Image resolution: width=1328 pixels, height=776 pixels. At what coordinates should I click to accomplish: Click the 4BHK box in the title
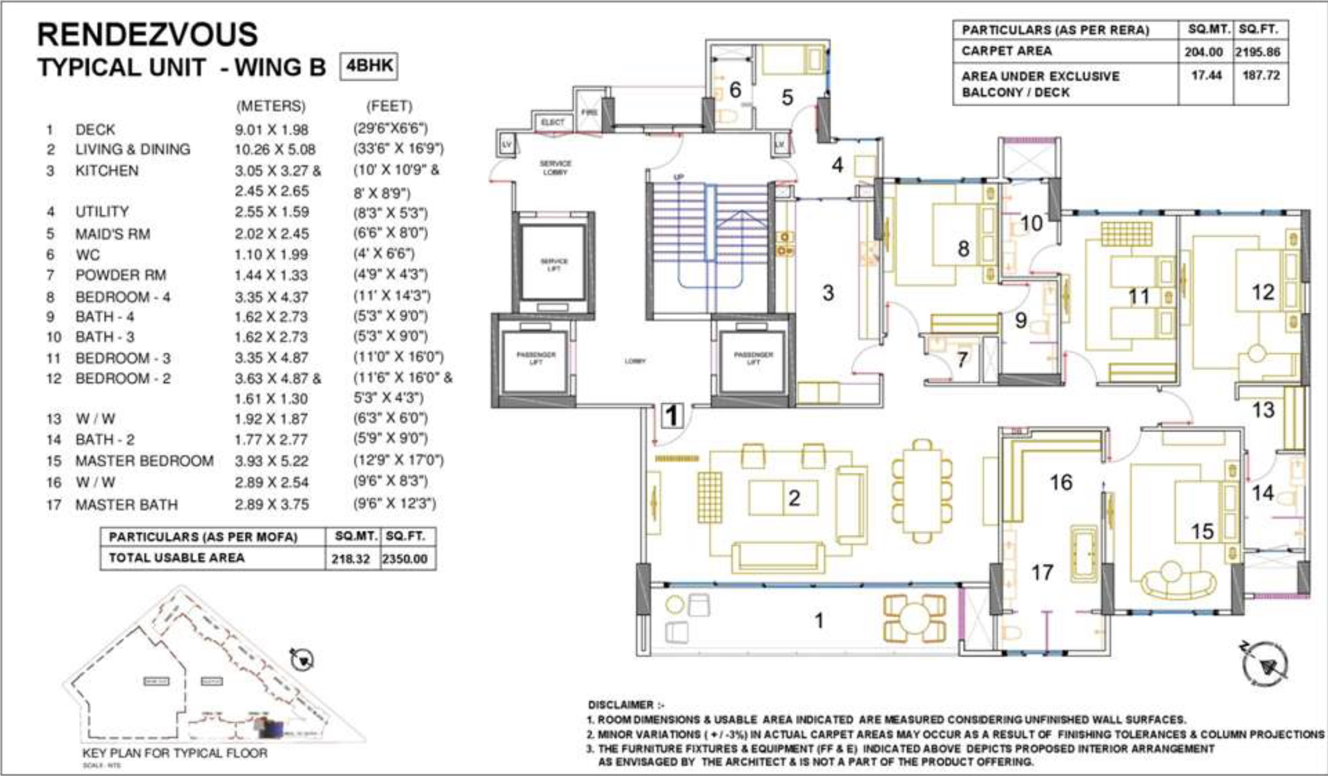pyautogui.click(x=369, y=67)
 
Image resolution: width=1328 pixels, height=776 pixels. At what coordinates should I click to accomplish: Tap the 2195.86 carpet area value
pyautogui.click(x=1261, y=51)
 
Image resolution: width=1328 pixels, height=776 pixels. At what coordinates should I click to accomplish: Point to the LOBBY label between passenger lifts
pyautogui.click(x=635, y=361)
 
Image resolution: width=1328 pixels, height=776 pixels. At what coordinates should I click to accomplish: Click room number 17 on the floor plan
pyautogui.click(x=1042, y=572)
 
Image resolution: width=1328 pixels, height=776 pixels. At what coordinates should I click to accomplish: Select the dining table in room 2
pyautogui.click(x=922, y=491)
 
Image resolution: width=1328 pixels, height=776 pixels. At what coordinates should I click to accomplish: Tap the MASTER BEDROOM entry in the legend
pyautogui.click(x=144, y=461)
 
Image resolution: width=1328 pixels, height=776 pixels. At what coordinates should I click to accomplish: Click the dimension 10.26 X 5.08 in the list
pyautogui.click(x=275, y=150)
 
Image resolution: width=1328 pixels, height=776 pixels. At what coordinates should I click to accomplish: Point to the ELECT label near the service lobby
pyautogui.click(x=552, y=122)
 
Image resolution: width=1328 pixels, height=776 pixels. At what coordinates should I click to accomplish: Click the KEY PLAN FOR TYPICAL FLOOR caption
pyautogui.click(x=174, y=753)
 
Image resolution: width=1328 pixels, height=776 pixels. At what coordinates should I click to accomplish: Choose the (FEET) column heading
pyautogui.click(x=389, y=106)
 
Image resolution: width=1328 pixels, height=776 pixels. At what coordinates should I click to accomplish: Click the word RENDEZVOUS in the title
pyautogui.click(x=147, y=35)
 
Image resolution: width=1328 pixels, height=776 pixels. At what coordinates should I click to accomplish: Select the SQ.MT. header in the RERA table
pyautogui.click(x=1205, y=30)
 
